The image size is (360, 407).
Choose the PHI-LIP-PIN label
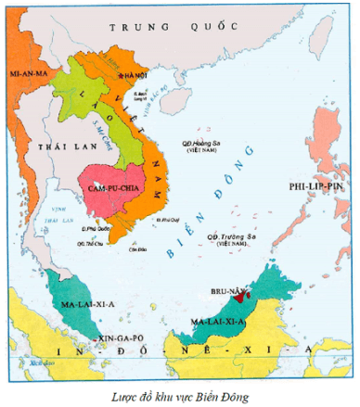[x=316, y=185]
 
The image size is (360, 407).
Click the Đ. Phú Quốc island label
[x=96, y=227]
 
